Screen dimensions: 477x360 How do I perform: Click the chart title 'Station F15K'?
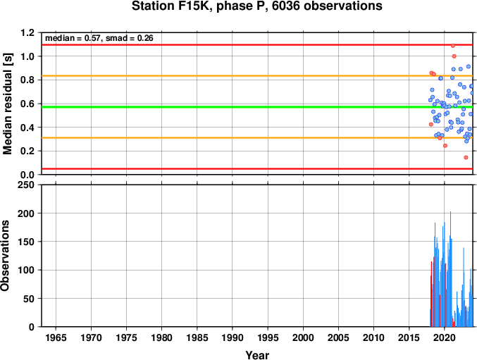tap(173, 6)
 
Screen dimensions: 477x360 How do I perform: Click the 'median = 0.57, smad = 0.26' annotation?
tap(99, 38)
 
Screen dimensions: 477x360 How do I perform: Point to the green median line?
tap(257, 107)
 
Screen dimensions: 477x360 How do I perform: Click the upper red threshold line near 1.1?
tap(257, 45)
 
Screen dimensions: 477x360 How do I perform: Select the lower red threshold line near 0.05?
tap(257, 169)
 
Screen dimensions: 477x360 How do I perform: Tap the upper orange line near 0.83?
tap(257, 75)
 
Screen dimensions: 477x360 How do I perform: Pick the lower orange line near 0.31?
tap(257, 138)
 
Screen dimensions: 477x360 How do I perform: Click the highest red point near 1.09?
tap(453, 46)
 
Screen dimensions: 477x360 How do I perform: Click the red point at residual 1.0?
tap(454, 56)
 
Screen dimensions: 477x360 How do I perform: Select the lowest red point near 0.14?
tap(466, 158)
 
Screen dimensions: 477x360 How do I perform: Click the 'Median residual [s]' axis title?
tap(7, 104)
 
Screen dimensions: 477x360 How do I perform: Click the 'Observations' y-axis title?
tap(5, 256)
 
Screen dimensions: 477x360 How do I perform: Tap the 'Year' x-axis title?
tap(257, 355)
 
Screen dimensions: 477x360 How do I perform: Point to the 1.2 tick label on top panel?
tap(27, 32)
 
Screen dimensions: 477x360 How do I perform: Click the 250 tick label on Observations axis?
tap(26, 185)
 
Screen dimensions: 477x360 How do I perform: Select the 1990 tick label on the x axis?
tap(233, 337)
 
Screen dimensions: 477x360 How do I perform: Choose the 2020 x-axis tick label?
tap(445, 337)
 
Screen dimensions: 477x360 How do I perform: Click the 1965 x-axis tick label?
tap(56, 337)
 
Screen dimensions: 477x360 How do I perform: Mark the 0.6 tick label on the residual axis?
tap(27, 104)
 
